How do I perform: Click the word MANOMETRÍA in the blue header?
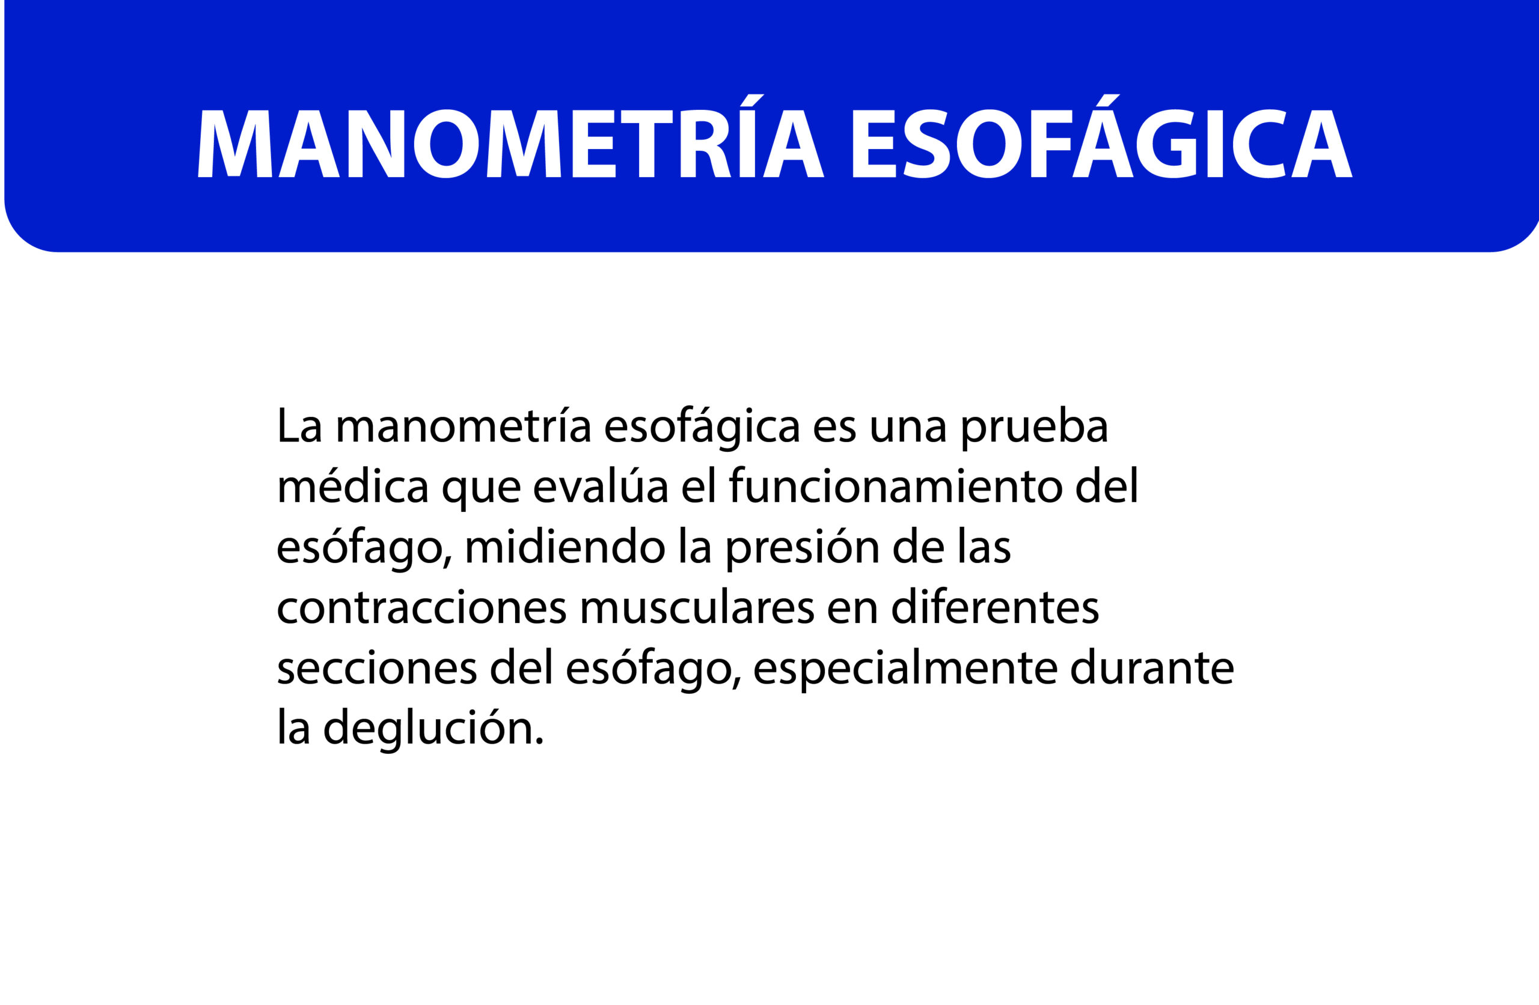point(511,136)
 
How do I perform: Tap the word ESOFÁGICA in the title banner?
point(1103,136)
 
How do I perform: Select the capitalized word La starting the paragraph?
point(299,425)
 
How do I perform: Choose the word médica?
point(353,485)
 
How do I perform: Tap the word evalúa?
point(601,485)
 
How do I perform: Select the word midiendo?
point(565,545)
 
